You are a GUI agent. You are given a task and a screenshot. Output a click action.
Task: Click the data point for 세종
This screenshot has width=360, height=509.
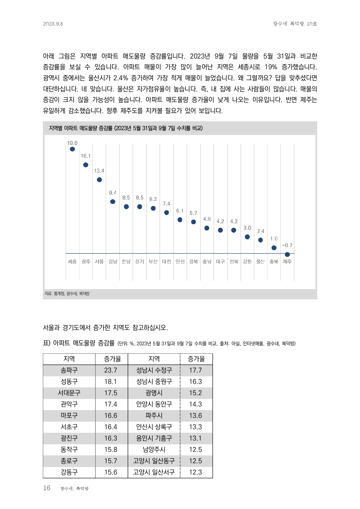click(x=72, y=149)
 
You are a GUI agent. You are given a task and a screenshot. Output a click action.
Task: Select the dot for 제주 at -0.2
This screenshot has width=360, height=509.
click(x=287, y=254)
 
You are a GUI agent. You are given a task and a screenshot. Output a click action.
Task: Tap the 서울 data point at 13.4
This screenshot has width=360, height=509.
click(x=99, y=180)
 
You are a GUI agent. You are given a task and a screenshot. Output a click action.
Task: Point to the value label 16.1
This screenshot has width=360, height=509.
click(x=86, y=156)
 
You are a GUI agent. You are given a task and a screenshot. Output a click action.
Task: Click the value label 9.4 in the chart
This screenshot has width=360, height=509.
click(x=113, y=193)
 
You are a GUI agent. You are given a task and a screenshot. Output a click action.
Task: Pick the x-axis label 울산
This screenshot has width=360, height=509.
click(x=260, y=262)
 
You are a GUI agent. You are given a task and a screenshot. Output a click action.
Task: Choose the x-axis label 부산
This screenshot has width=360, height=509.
click(x=153, y=262)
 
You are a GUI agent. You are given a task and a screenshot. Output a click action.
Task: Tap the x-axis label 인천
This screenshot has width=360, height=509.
click(x=180, y=262)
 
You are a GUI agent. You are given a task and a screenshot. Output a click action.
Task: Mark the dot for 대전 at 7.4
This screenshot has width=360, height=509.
click(x=167, y=213)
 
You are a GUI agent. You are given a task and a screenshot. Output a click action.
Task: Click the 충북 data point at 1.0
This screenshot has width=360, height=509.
click(x=274, y=248)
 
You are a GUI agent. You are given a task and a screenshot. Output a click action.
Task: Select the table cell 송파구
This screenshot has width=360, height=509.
click(x=69, y=370)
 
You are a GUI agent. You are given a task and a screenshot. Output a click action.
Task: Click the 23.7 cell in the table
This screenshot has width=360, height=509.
click(x=111, y=370)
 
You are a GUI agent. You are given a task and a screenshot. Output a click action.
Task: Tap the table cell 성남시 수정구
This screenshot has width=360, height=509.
click(x=154, y=370)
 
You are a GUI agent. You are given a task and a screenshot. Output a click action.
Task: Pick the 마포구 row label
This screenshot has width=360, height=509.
click(x=69, y=416)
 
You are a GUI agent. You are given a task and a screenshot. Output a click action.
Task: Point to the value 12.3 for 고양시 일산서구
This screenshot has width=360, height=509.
click(x=196, y=472)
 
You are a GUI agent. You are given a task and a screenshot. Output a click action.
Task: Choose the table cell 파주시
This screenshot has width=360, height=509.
click(x=154, y=416)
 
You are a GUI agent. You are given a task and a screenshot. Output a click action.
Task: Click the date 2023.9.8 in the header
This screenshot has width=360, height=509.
click(x=53, y=24)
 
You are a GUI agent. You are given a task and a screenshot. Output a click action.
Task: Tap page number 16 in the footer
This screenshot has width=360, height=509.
click(x=47, y=488)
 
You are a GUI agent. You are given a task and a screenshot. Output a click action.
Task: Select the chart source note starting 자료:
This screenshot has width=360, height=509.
click(x=67, y=294)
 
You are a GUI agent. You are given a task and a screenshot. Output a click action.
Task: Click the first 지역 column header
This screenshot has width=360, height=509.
click(x=69, y=359)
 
